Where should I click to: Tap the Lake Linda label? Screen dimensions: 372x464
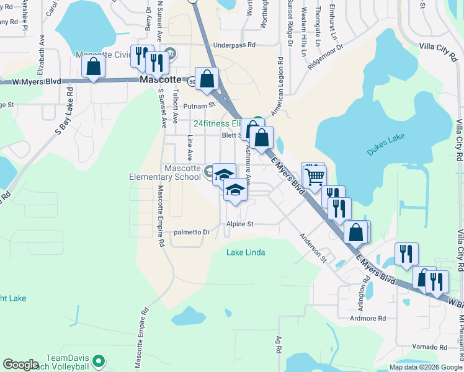[x=246, y=252]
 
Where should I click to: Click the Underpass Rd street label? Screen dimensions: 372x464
[x=234, y=45]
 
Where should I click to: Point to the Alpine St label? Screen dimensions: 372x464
[x=240, y=224]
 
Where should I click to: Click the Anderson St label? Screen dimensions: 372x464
[x=313, y=245]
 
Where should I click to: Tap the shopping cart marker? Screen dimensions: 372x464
[x=315, y=177]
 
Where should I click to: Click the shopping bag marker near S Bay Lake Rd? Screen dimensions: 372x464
[x=93, y=66]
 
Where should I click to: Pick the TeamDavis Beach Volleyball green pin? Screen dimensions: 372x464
[x=98, y=360]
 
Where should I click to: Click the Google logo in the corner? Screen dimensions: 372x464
[x=20, y=365]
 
